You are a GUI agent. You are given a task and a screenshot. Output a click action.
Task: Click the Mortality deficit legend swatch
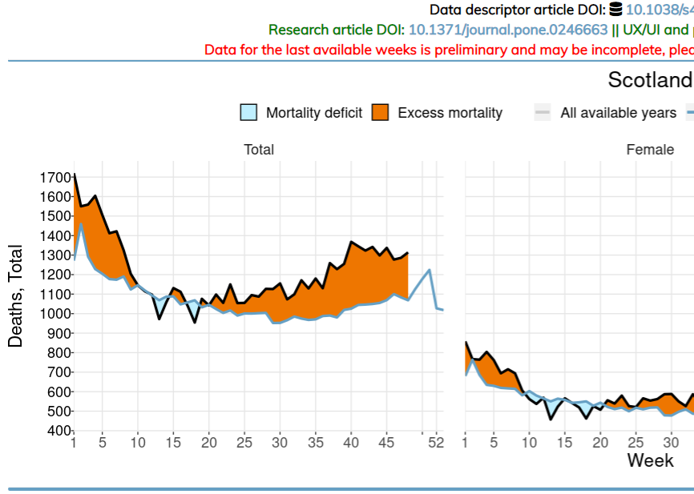coord(249,113)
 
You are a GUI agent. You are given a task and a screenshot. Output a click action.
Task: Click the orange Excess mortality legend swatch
coord(381,113)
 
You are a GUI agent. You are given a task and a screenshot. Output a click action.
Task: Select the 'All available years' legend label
coord(618,113)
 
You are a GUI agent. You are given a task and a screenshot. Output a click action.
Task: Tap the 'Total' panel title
coord(259,150)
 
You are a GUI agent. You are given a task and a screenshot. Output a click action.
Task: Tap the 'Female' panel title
coord(650,150)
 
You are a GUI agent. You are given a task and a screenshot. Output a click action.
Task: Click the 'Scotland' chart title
coord(649,80)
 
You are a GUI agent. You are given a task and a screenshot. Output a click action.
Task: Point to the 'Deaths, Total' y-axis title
coord(15,296)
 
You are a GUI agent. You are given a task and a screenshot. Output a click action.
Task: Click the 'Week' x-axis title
coord(650,460)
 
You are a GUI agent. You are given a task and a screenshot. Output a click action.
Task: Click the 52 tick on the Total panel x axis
coord(436,442)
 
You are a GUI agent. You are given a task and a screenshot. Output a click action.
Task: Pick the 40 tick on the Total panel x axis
coord(350,442)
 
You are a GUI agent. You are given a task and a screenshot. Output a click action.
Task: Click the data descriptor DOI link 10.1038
coord(659,10)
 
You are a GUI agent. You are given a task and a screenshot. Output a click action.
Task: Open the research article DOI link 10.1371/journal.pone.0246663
coord(508,30)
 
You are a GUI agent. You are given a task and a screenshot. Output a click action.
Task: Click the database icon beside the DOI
coord(615,10)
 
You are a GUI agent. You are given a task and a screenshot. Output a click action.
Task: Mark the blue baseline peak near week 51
coord(430,270)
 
